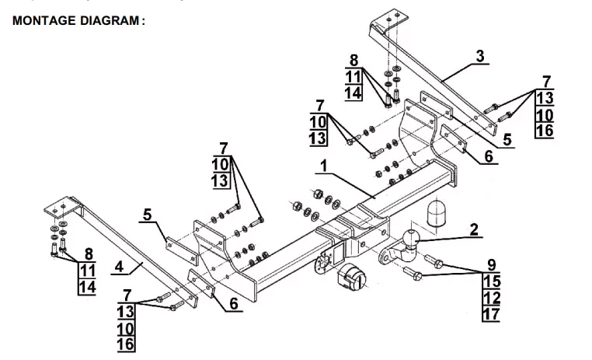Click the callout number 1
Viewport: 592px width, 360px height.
point(323,166)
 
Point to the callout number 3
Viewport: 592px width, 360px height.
point(479,56)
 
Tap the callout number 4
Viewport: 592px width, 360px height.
point(119,267)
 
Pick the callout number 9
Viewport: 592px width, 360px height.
point(491,264)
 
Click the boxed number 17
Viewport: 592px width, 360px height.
point(491,314)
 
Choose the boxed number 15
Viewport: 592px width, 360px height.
point(491,280)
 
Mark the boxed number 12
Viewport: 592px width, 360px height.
point(491,297)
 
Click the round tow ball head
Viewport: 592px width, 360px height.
point(411,236)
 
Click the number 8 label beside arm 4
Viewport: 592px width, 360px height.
point(89,253)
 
